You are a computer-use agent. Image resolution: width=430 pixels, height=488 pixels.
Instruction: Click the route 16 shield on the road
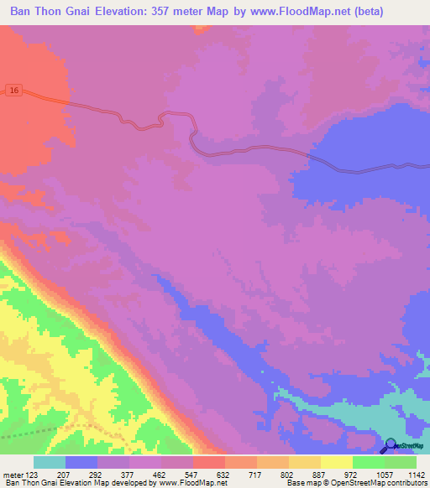[x=13, y=90]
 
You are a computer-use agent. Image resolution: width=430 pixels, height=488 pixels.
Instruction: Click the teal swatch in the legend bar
[x=50, y=462]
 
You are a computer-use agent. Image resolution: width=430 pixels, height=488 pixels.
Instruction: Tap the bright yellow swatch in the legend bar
[x=336, y=462]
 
